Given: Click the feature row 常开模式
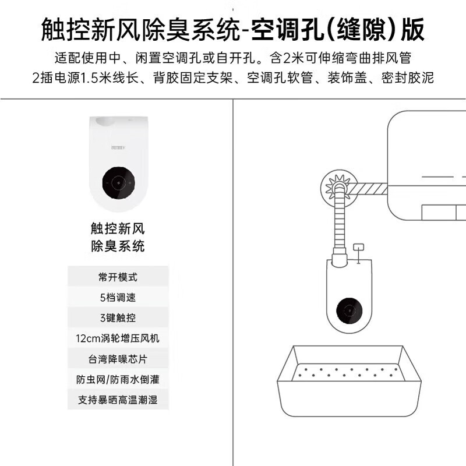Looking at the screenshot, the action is coord(118,277).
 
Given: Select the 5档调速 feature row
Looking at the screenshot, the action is coord(118,297).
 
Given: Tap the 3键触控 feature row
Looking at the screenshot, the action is coord(118,317).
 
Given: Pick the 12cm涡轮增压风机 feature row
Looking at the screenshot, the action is coord(118,338).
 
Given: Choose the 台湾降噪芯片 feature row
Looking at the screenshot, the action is coord(118,359).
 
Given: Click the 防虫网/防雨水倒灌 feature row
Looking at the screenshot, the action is coord(118,379).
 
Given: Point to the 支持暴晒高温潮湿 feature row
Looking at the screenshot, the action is coord(118,400).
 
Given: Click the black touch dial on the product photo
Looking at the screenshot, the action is coord(119,183).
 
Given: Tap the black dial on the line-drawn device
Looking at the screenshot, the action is coord(349,311).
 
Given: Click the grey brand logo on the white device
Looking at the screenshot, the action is coord(118,147).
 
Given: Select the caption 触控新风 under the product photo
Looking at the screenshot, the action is coord(118,228).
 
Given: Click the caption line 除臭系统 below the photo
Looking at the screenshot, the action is coord(118,246).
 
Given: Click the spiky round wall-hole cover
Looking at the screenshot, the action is coord(339,188).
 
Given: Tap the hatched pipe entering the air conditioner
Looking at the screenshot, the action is coord(367,189).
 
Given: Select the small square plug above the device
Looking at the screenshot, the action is coord(358,247).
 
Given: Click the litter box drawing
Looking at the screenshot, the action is coord(349,381).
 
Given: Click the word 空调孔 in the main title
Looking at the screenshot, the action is coord(287,30).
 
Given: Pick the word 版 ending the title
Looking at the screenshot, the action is coord(412,30).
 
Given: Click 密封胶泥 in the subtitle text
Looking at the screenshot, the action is coord(407,78).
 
